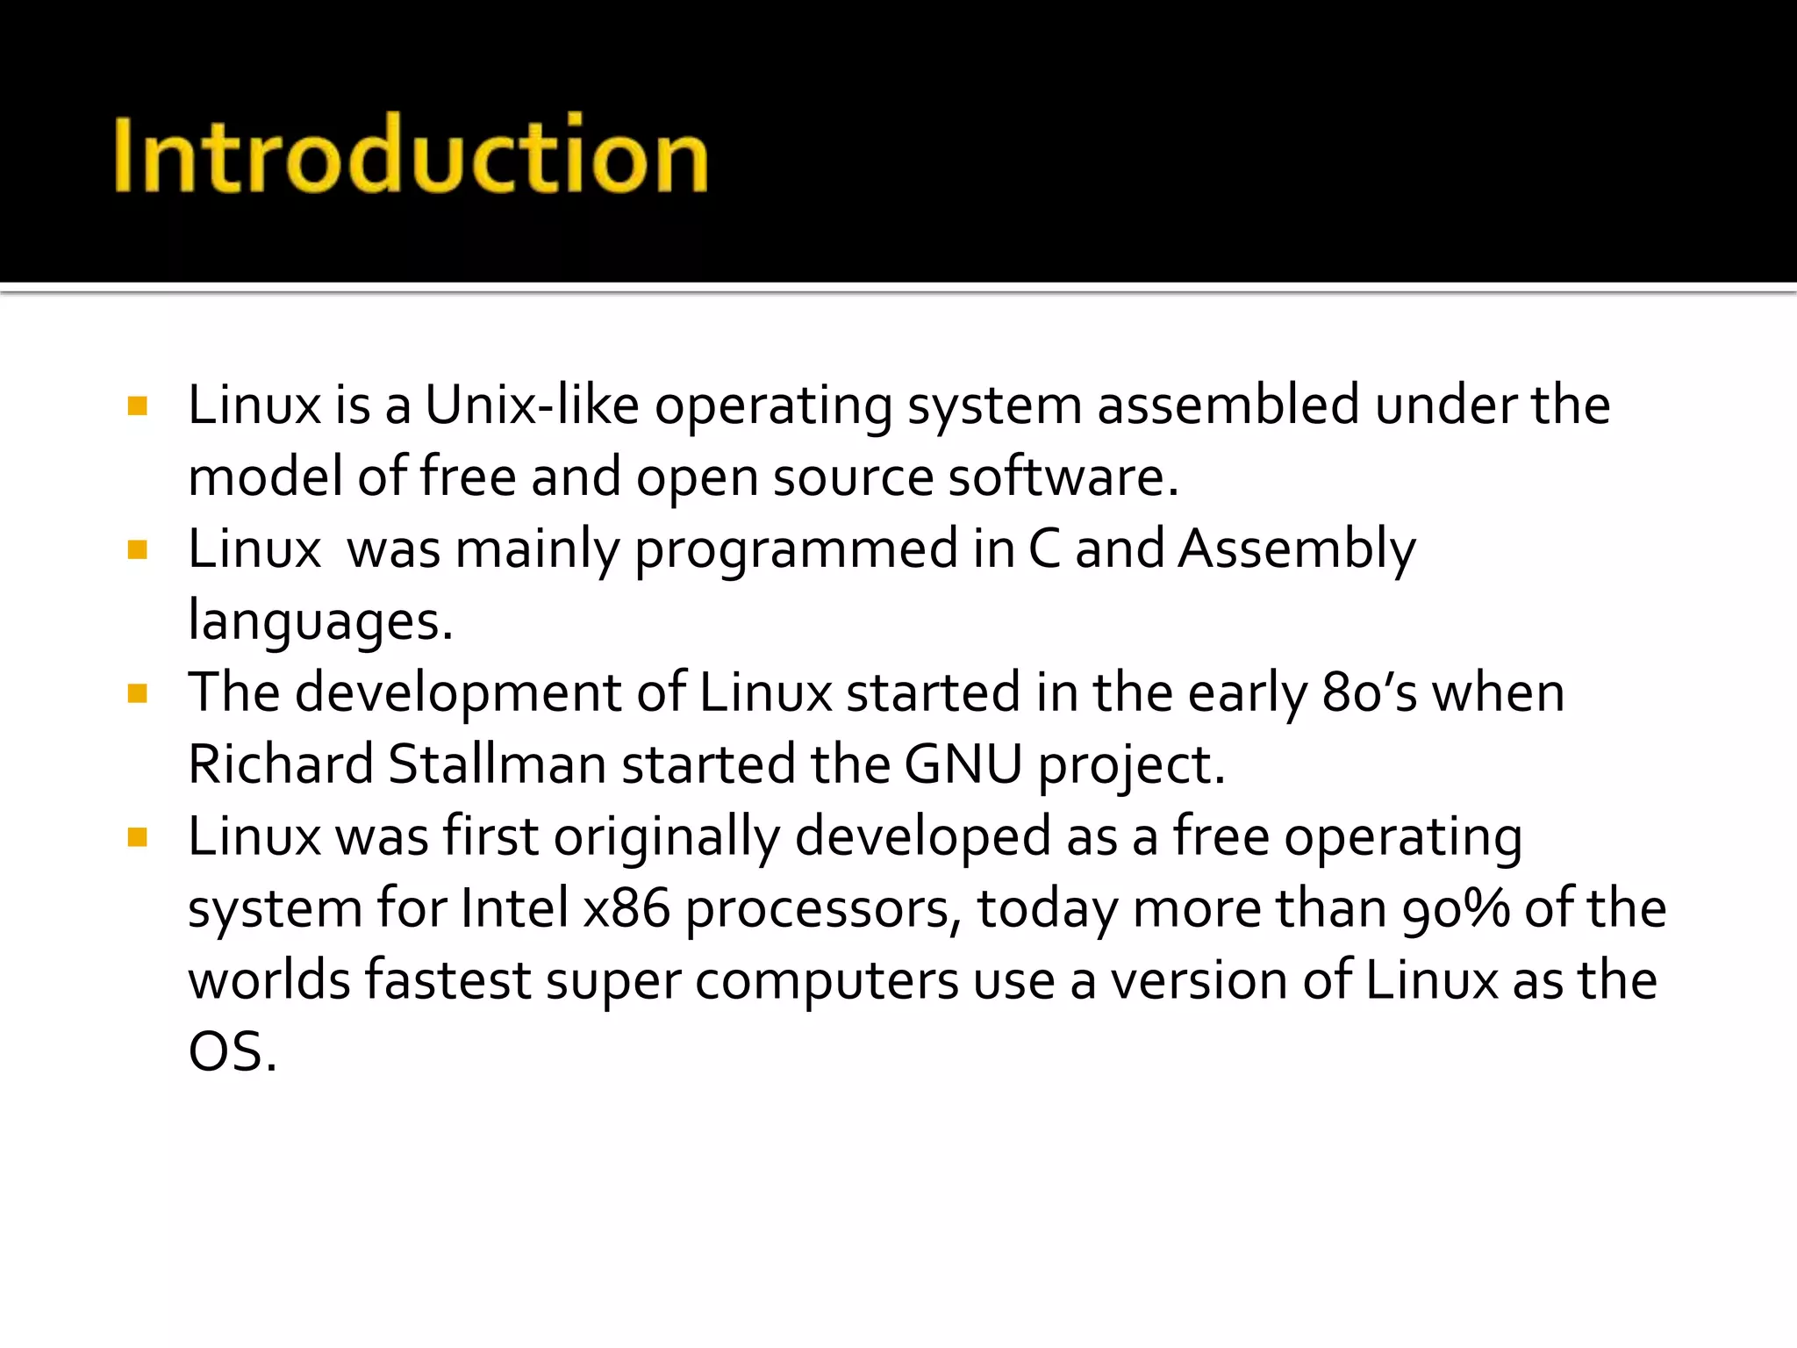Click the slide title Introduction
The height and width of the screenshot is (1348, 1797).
pos(411,155)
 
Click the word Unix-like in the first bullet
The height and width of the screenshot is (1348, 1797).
pos(532,405)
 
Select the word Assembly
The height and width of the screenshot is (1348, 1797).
pos(1296,550)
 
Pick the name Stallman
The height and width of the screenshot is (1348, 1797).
pos(497,764)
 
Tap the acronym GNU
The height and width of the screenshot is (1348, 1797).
pos(963,764)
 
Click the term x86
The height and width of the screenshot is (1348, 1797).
pos(626,908)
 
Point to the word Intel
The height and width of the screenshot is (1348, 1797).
pos(514,908)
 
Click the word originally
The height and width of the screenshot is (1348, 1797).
pos(666,836)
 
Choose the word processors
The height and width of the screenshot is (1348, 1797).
pos(818,910)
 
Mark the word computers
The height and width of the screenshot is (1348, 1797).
pos(827,982)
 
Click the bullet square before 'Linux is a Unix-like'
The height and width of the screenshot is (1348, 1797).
pos(137,406)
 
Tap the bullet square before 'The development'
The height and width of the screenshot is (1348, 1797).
pos(137,694)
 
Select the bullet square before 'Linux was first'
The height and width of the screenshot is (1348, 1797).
pos(137,838)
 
